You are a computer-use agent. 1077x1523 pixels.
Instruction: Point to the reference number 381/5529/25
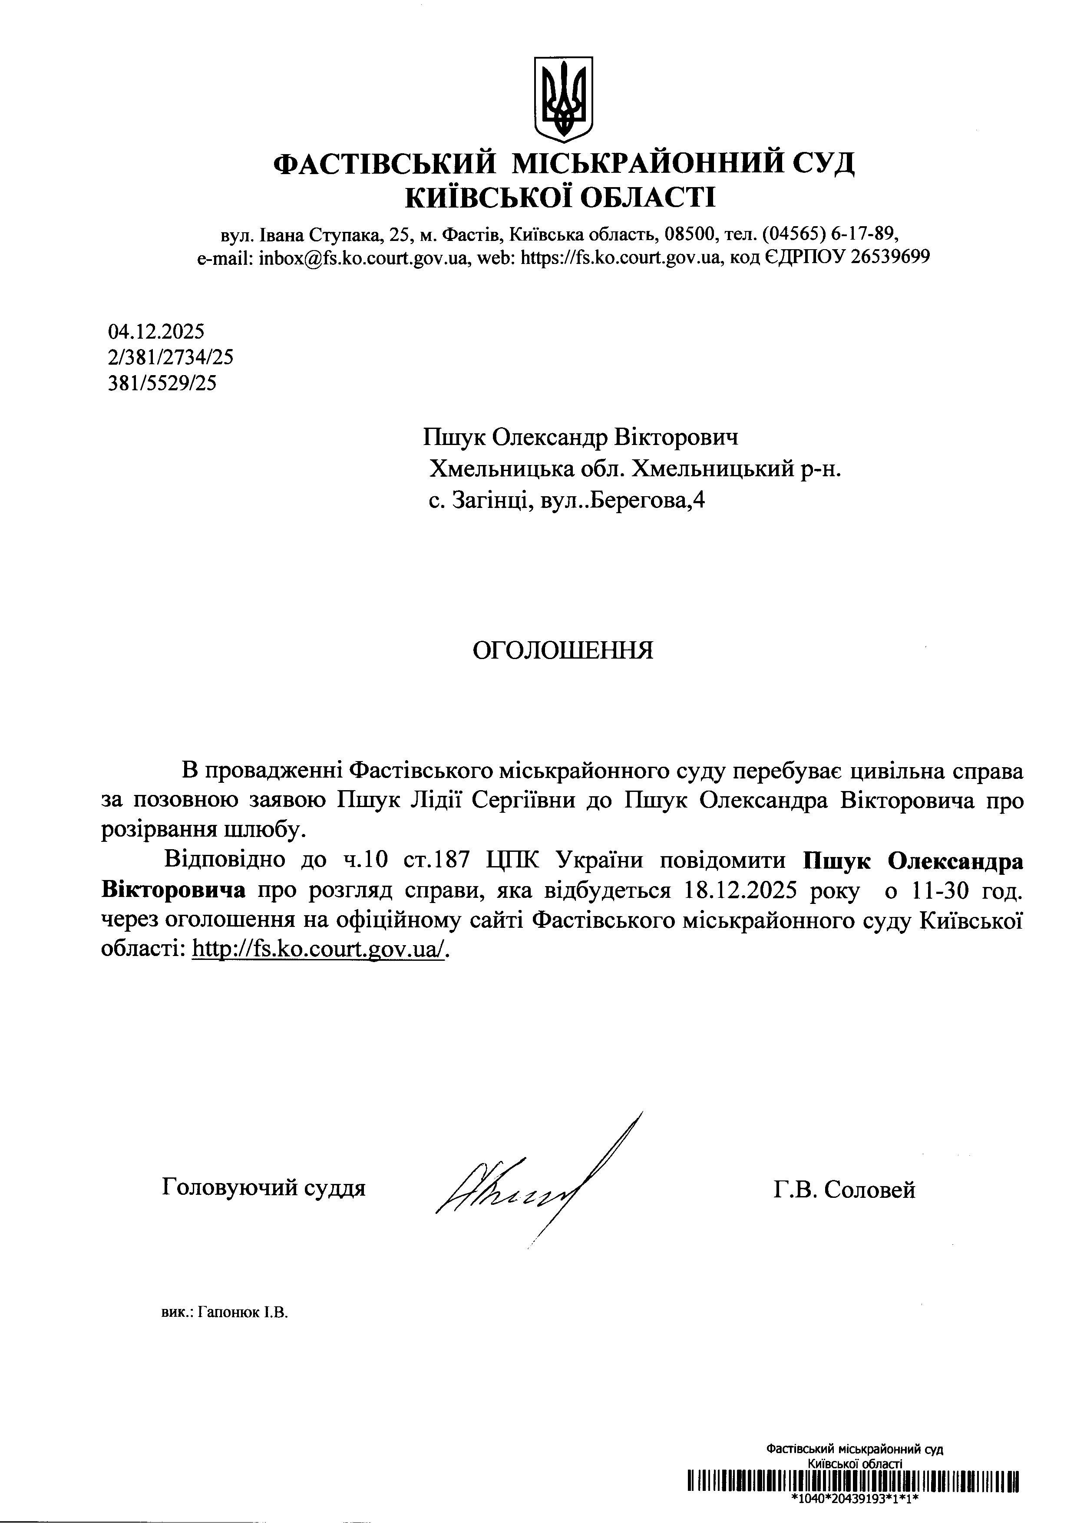tap(162, 383)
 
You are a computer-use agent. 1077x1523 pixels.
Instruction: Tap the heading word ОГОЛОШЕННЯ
tap(563, 651)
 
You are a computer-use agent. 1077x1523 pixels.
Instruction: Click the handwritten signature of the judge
tap(524, 1194)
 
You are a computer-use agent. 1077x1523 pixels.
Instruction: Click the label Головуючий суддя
tap(264, 1187)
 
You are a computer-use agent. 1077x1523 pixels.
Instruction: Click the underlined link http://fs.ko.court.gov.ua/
tap(318, 949)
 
